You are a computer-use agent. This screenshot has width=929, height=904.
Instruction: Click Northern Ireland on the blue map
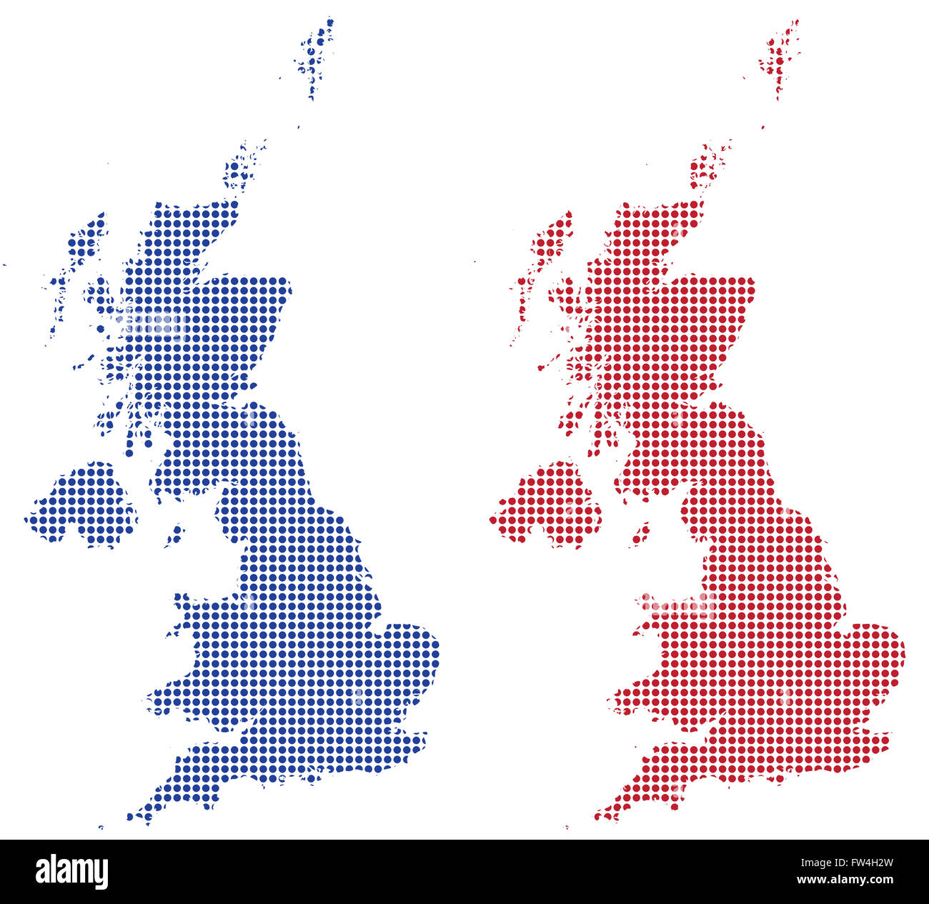point(82,504)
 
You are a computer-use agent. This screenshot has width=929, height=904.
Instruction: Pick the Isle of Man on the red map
point(640,533)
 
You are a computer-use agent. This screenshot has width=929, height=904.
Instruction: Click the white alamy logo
point(71,872)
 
